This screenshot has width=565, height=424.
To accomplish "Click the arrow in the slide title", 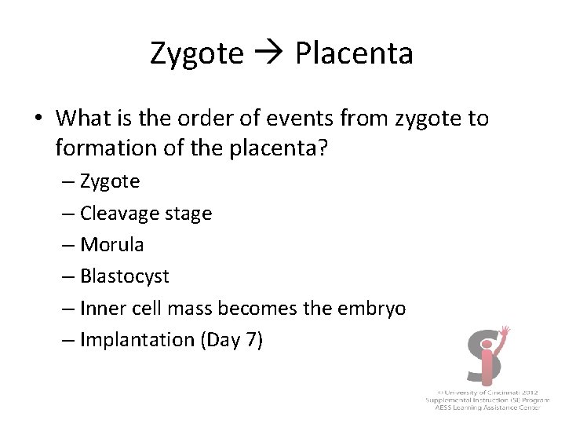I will click(x=269, y=53).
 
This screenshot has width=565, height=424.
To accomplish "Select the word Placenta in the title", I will click(x=354, y=53).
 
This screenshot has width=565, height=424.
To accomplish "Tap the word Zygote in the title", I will click(x=197, y=54).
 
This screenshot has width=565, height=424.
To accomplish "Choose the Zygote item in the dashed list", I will click(x=110, y=181).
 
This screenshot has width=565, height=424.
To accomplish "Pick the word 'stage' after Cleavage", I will click(x=187, y=214).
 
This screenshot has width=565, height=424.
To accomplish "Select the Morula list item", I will click(x=111, y=245).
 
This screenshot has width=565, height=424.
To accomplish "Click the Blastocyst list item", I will click(x=124, y=276).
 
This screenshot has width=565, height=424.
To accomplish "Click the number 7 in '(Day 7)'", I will click(x=254, y=340).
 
